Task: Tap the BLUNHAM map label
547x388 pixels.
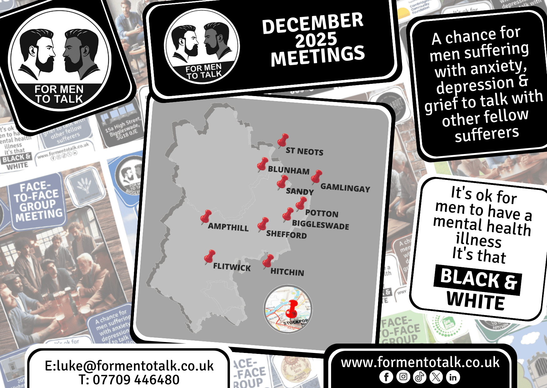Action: (x=289, y=170)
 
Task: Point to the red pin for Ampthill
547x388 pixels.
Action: (x=206, y=217)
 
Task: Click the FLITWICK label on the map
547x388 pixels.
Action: (x=232, y=267)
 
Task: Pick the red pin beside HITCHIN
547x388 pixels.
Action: (x=268, y=261)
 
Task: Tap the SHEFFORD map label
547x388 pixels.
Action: (x=286, y=234)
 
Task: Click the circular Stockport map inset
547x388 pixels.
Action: (x=288, y=309)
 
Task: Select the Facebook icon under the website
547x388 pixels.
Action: (x=386, y=377)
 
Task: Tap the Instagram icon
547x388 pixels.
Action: (x=403, y=377)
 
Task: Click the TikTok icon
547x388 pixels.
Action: (x=420, y=377)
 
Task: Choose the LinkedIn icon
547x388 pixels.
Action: (x=453, y=377)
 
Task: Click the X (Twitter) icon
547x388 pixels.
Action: (x=436, y=377)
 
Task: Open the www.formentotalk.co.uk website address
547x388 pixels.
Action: (x=420, y=362)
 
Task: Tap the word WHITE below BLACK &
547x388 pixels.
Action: (x=476, y=301)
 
